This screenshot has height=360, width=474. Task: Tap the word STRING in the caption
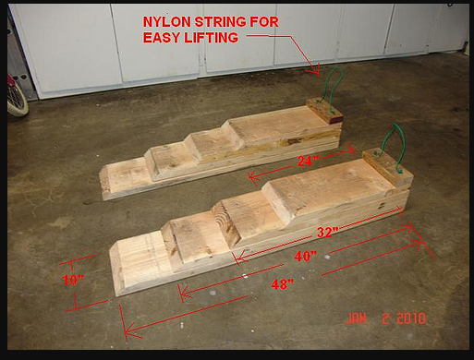tap(220, 22)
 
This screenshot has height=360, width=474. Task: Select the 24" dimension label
tap(308, 162)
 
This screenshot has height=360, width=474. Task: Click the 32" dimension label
tap(328, 232)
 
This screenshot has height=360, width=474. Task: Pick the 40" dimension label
tap(305, 256)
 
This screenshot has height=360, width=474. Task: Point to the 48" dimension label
tap(282, 284)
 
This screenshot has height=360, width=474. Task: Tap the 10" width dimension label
tap(73, 280)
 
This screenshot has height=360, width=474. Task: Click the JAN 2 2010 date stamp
tap(386, 318)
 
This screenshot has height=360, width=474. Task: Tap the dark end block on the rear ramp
tap(324, 111)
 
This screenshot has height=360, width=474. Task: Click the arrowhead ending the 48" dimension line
tap(128, 330)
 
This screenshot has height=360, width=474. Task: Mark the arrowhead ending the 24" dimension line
tap(253, 177)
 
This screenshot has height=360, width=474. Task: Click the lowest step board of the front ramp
tap(140, 261)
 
